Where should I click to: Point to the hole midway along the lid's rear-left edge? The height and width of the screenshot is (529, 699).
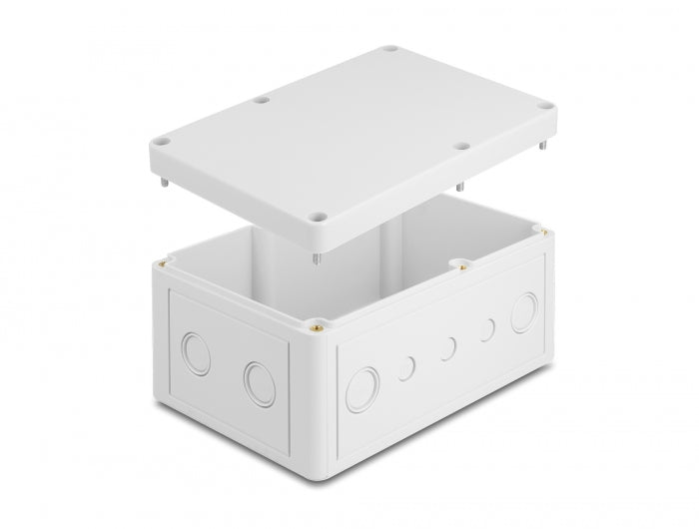(262, 100)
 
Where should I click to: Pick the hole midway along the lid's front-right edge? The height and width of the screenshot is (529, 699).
(461, 147)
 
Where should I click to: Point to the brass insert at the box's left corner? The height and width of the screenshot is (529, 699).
(161, 264)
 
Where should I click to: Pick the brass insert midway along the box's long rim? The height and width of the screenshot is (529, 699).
(462, 265)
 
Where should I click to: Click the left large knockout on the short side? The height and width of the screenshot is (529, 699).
(197, 352)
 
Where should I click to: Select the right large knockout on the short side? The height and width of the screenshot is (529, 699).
(259, 383)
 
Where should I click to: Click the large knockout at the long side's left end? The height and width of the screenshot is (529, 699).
(362, 388)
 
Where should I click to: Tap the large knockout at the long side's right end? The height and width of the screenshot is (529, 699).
(523, 314)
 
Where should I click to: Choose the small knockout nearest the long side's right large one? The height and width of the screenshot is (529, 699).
(487, 330)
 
